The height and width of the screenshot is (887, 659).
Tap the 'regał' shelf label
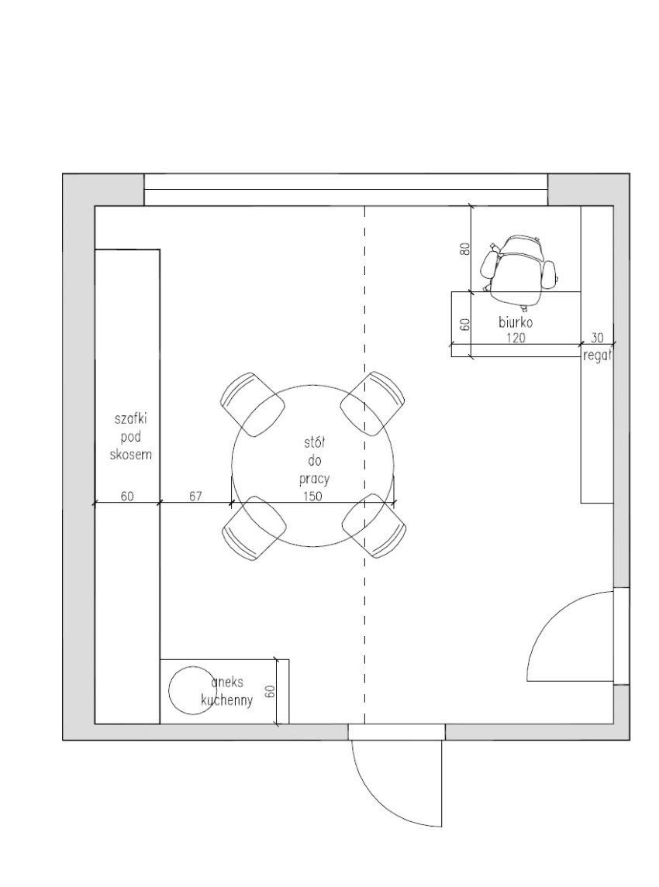tap(597, 356)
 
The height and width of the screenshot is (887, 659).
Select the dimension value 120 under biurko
tap(516, 338)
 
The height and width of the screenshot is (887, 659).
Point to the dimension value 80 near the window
tap(465, 249)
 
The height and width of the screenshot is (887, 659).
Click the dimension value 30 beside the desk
tap(597, 338)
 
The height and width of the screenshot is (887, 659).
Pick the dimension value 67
tap(195, 496)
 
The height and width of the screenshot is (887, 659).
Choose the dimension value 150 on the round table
tap(312, 496)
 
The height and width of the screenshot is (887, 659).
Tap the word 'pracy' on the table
tap(314, 480)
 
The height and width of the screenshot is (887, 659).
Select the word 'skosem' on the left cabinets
tap(131, 454)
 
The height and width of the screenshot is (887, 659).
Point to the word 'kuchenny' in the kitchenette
tap(227, 700)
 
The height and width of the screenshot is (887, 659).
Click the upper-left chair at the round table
tap(252, 404)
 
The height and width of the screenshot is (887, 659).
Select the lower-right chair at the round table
tap(374, 526)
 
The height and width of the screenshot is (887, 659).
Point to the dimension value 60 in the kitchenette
tap(270, 691)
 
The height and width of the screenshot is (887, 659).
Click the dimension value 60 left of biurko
tap(465, 325)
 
